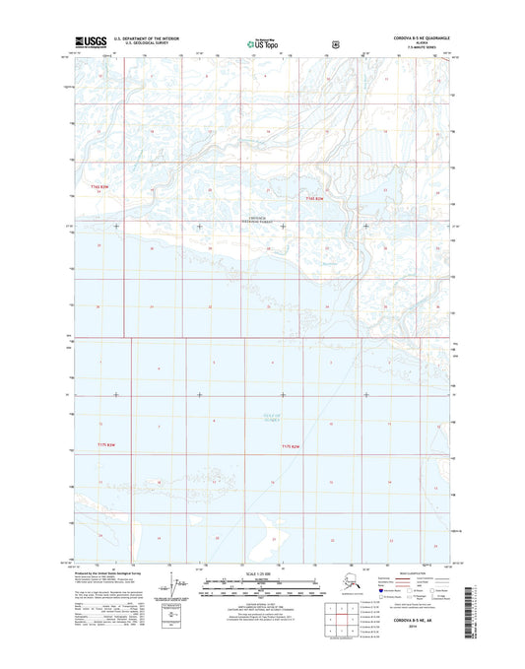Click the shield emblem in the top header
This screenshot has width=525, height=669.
pos(310,43)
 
